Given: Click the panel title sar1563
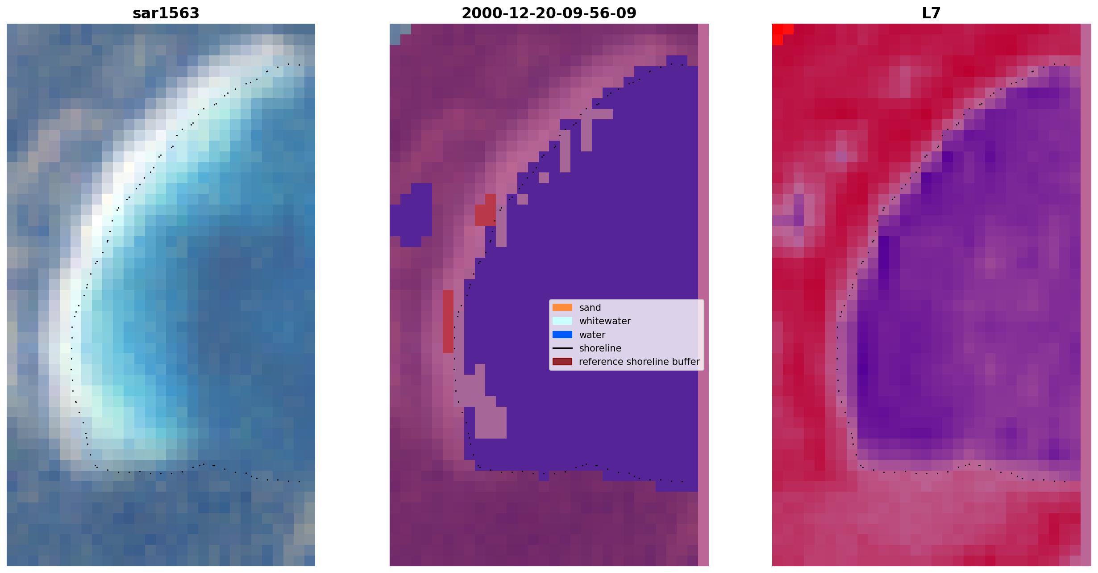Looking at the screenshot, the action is point(166,13).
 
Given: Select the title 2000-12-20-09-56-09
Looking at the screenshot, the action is point(549,13).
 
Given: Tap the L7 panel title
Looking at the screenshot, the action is point(931,13).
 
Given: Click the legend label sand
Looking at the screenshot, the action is point(590,308).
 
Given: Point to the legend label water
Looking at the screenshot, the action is point(592,335).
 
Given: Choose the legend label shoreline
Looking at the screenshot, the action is point(600,348).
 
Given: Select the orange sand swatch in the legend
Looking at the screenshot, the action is point(562,307).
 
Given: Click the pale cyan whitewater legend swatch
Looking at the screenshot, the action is point(562,321).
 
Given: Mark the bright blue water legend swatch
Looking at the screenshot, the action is point(562,335).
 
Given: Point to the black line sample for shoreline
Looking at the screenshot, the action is point(562,348).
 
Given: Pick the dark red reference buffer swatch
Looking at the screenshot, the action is point(562,361).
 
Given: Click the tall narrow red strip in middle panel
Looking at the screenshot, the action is point(448,322).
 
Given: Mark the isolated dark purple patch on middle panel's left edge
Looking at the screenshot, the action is point(411,215).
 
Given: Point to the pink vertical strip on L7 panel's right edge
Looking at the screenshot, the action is point(1086,295).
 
